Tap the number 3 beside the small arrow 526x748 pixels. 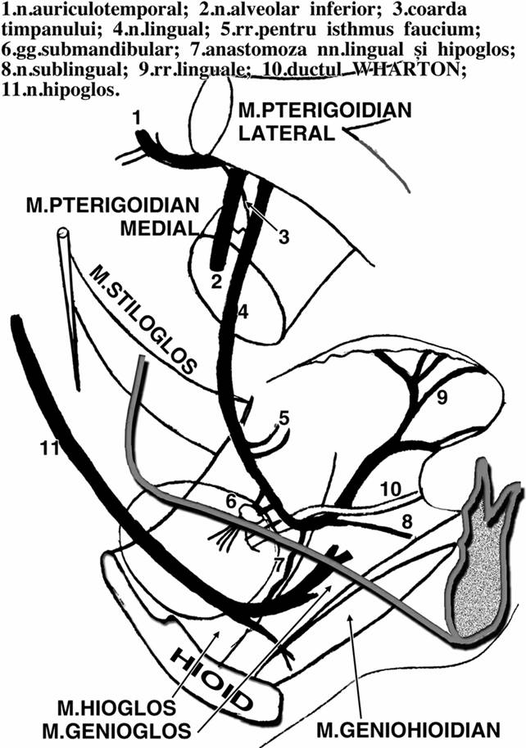(284, 238)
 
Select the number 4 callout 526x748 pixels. (243, 312)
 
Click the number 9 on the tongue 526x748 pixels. (442, 399)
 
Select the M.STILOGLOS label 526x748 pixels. (144, 320)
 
